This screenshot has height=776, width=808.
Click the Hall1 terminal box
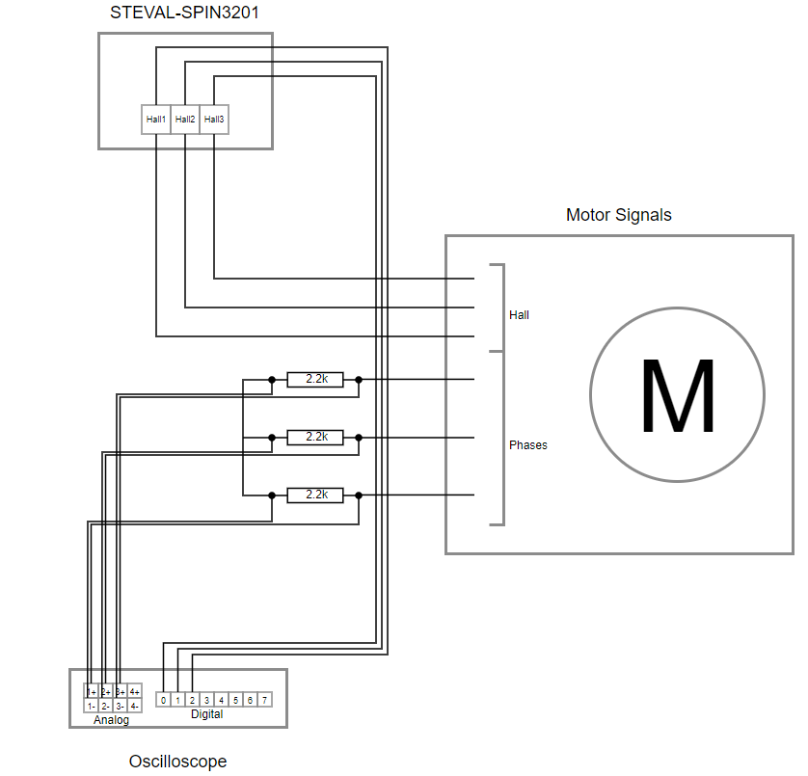click(x=156, y=120)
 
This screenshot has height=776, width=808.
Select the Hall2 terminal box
click(x=185, y=120)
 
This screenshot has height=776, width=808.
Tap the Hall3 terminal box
click(x=214, y=120)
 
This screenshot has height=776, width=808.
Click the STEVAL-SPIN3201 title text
click(x=185, y=13)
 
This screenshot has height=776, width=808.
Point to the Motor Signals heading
click(x=618, y=215)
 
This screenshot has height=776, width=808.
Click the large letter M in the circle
click(x=677, y=396)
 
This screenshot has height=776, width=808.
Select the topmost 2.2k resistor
click(x=315, y=380)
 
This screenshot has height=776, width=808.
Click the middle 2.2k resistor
click(x=315, y=438)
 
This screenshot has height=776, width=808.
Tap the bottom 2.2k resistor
click(x=315, y=495)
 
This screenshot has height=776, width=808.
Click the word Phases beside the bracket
click(x=527, y=445)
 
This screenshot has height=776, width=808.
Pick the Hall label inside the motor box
click(x=519, y=315)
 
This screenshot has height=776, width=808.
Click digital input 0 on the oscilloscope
click(x=164, y=700)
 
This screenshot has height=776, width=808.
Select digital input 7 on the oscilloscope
click(x=265, y=700)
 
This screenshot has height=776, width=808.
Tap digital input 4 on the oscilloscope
click(x=222, y=700)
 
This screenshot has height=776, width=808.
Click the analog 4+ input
click(x=135, y=692)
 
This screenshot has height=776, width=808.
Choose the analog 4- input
click(x=135, y=706)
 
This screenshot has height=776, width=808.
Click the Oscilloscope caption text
click(x=177, y=762)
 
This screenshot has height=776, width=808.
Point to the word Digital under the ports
click(x=206, y=714)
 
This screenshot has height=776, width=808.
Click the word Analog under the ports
click(x=111, y=720)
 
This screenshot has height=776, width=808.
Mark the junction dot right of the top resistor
click(x=359, y=380)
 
